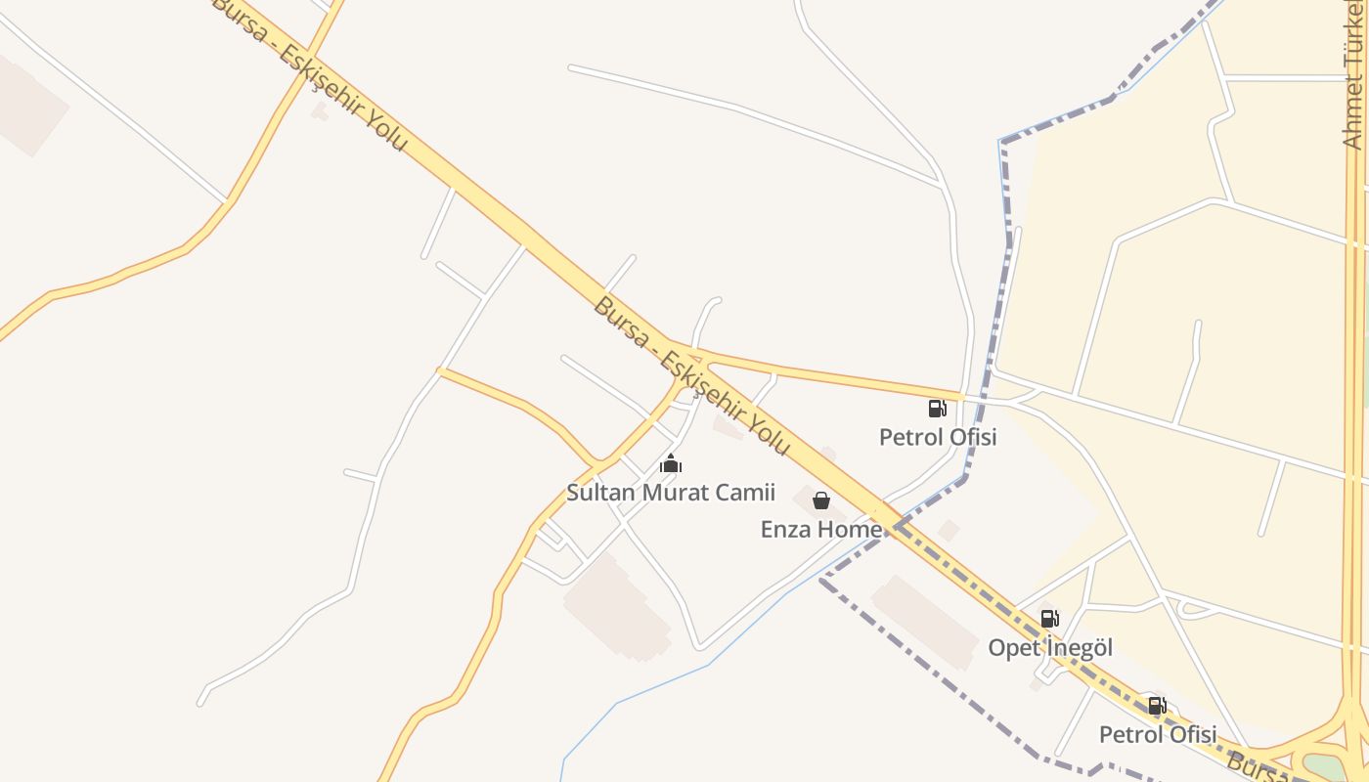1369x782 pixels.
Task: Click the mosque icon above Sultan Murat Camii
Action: (670, 463)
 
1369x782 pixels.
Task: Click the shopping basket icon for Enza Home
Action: (821, 500)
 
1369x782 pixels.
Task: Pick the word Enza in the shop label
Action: (786, 530)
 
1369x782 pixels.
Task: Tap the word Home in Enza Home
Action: (850, 530)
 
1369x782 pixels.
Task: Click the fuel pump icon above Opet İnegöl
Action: (1049, 618)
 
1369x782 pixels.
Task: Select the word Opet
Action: (1013, 648)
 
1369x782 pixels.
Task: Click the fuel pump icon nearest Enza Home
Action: (937, 408)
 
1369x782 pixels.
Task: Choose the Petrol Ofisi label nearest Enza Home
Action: (938, 437)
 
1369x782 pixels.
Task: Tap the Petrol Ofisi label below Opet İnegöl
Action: (1158, 735)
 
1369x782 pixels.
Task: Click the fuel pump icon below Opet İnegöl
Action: (1157, 706)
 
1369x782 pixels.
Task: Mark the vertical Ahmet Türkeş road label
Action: (1353, 78)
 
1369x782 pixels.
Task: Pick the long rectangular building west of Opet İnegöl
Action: (924, 621)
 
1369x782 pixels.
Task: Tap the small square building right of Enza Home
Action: (948, 531)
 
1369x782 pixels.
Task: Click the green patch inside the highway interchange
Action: (1325, 766)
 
